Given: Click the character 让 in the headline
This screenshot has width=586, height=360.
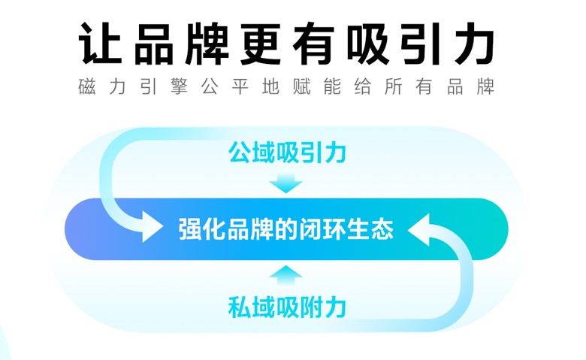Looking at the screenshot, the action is pos(100,43).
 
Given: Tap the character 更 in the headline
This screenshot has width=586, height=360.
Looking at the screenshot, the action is pos(261,43).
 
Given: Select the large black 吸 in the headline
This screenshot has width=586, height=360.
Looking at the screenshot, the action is pos(368,43).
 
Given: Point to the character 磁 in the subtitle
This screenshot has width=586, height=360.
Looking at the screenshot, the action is pos(87,86).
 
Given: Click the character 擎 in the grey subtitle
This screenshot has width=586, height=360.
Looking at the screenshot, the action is pos(179,86).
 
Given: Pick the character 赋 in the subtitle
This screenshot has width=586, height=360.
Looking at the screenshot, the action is pos(301,86).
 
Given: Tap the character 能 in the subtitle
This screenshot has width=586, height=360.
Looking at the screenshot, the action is pos(332,86).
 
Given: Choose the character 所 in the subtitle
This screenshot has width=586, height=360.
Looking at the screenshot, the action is pos(394,86).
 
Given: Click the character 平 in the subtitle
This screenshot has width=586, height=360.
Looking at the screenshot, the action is pos(240,86).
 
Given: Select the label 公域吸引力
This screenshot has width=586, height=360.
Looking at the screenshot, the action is pos(287,152).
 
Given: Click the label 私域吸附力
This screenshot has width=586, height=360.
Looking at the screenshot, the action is pos(287,307).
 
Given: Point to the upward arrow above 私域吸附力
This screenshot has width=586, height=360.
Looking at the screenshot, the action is pos(286,276).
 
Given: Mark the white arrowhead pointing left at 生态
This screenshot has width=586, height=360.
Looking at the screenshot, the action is pos(418,229).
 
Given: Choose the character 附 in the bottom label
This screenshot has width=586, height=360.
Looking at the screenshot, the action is pos(311,307).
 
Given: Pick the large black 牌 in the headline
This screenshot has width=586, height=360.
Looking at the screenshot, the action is pos(207,43).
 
